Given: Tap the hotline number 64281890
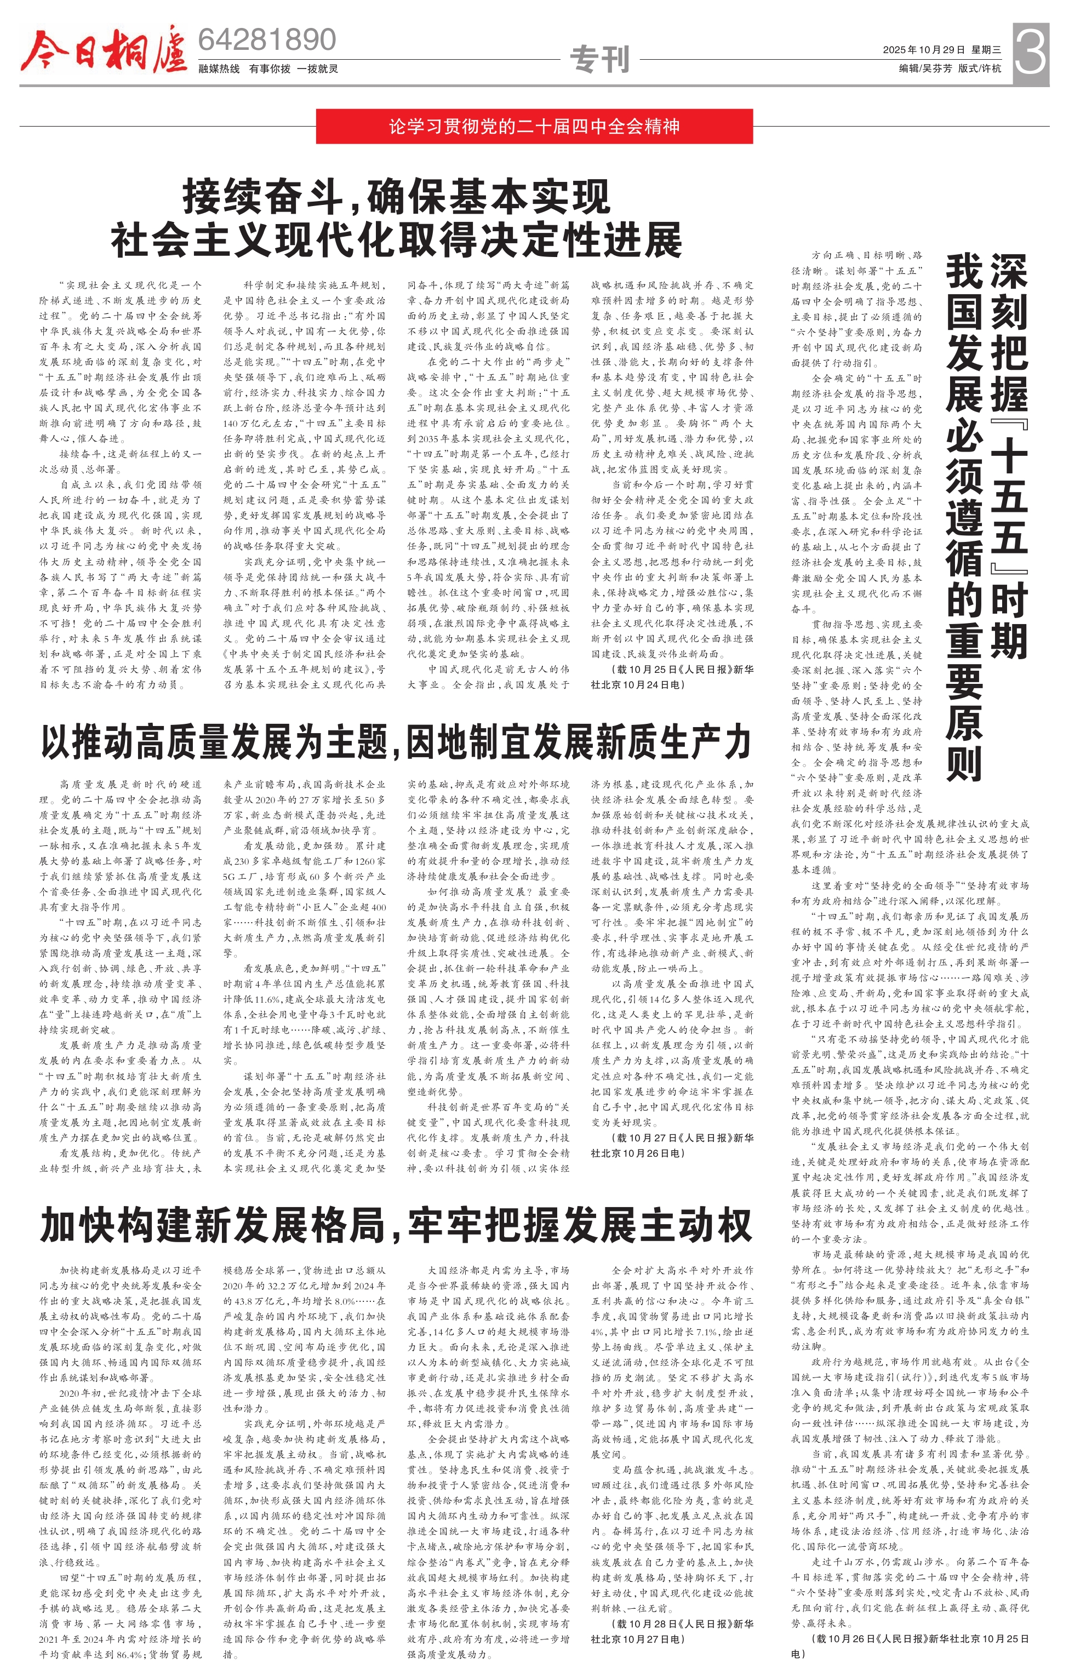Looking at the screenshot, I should tap(267, 40).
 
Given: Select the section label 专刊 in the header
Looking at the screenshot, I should tap(600, 59).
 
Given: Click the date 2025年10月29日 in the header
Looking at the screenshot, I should tap(923, 49).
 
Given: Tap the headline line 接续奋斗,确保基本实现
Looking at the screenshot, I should tap(396, 197).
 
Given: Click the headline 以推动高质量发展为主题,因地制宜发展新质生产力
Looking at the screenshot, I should tap(396, 741).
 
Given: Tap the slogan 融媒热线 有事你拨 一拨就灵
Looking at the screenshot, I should tap(268, 68).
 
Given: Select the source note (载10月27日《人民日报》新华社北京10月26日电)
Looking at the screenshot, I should tap(672, 1145).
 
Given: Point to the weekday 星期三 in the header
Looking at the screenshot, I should tap(987, 49).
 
